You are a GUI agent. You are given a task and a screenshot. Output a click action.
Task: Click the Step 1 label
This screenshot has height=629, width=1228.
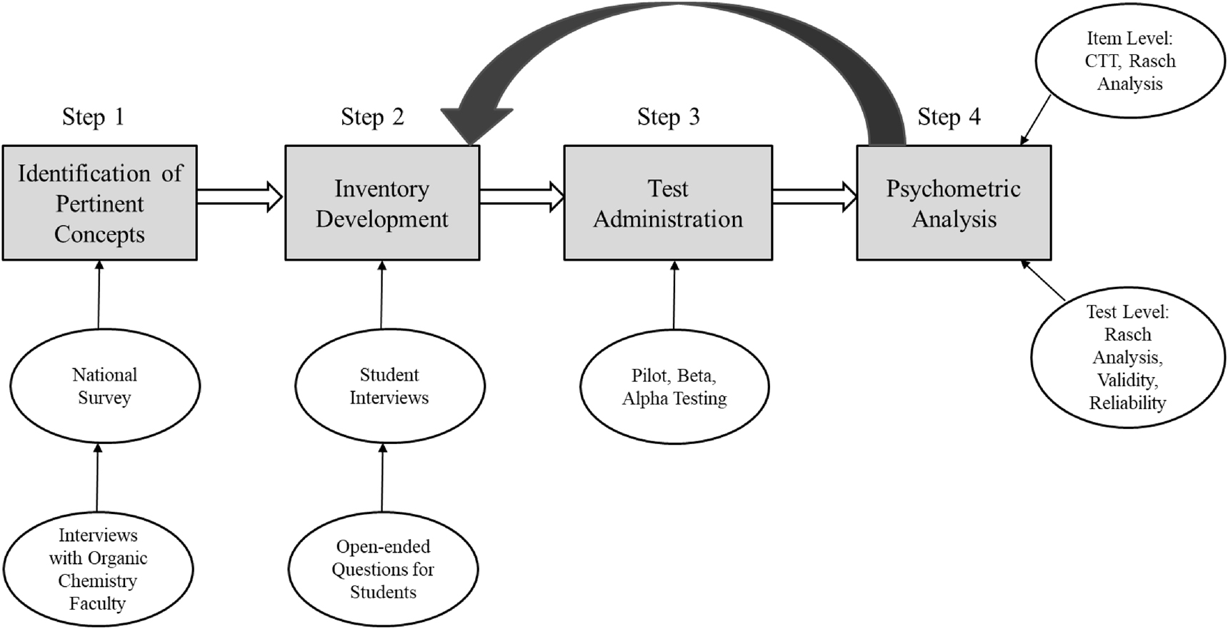pos(93,117)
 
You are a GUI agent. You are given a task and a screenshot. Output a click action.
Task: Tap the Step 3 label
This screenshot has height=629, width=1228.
pos(668,117)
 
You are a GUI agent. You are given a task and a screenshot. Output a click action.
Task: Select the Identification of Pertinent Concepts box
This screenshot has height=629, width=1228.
pos(99,203)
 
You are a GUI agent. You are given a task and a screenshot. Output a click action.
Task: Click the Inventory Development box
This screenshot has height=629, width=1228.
pos(382,203)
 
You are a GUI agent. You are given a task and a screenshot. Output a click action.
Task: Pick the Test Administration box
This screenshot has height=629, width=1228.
pos(668,203)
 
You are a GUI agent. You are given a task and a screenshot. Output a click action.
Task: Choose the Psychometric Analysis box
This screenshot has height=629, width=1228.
pos(954,203)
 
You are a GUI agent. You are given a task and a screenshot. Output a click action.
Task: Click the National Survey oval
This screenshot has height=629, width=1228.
pos(104,386)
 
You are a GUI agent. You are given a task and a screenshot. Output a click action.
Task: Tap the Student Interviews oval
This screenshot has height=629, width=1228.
pos(389,386)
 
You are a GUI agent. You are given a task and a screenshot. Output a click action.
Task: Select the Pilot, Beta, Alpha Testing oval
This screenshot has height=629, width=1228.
pos(674,386)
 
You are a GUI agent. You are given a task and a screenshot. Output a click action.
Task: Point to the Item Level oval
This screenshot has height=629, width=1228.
pos(1129,61)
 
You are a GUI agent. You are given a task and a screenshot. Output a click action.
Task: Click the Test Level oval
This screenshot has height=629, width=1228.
pos(1127,357)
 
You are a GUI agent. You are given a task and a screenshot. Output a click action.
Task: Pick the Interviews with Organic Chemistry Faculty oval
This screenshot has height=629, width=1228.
pos(98,569)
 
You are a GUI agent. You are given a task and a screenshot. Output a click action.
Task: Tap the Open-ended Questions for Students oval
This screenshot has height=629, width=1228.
pos(383,569)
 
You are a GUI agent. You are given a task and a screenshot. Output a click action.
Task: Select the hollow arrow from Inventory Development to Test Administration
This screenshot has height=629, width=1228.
pos(521,196)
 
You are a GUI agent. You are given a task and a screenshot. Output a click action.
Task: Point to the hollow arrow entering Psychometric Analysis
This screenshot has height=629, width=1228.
pos(814,196)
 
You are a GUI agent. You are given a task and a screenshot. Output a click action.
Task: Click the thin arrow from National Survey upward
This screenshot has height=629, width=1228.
pos(99,294)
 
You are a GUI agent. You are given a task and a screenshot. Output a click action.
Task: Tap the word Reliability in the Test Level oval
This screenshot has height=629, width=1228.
pos(1127,403)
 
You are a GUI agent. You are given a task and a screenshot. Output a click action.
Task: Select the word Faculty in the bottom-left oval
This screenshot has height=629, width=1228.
pos(97,604)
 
